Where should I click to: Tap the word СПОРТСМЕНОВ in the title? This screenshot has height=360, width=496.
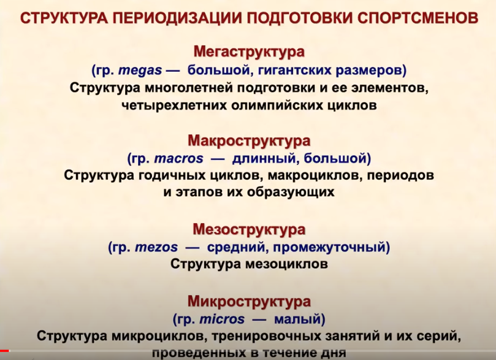[x=418, y=18]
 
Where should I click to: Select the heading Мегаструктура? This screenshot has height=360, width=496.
[x=249, y=52]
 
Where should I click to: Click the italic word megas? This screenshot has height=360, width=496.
[x=140, y=71]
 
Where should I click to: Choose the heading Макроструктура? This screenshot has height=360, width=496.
[x=249, y=140]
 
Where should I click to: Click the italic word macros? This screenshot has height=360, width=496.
[x=179, y=158]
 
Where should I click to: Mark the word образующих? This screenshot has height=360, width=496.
[x=291, y=192]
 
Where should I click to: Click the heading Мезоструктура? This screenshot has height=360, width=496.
[x=249, y=229]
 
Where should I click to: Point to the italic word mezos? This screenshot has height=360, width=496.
[x=156, y=247]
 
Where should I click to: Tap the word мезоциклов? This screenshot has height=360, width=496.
[x=286, y=264]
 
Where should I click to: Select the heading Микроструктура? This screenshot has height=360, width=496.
[x=249, y=302]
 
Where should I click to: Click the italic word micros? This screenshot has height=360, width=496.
[x=222, y=319]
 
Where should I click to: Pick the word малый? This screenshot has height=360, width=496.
[x=297, y=320]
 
